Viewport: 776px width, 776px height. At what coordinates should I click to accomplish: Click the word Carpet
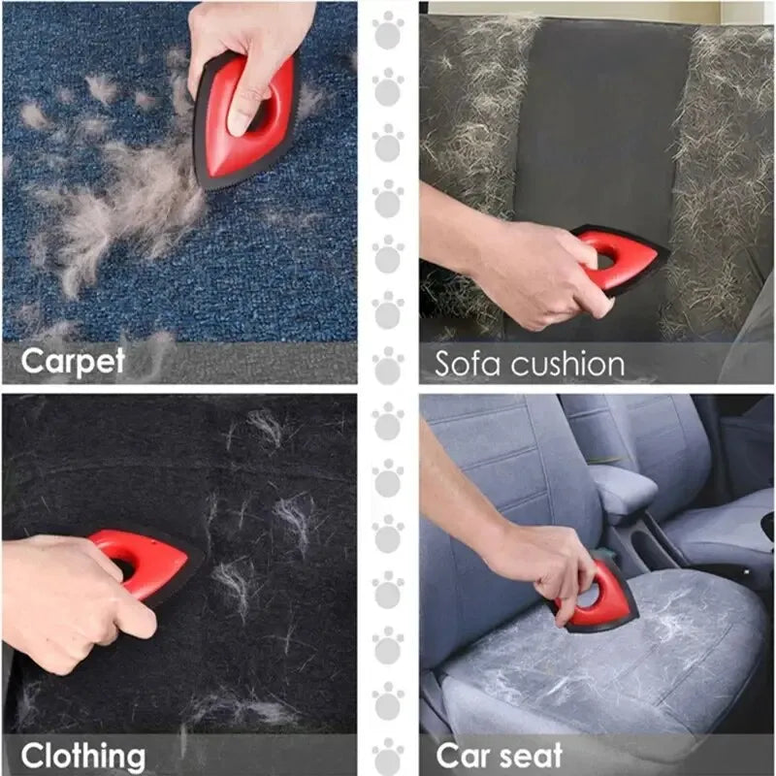click(73, 362)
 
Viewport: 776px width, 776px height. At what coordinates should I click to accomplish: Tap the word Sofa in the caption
click(469, 364)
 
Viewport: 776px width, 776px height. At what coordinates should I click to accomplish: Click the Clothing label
click(83, 755)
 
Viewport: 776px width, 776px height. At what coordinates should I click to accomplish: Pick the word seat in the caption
click(531, 755)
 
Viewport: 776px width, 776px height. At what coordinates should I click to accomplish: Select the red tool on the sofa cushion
click(621, 257)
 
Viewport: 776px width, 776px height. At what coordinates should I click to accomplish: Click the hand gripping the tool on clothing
click(68, 592)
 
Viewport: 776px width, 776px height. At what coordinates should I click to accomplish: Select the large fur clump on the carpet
click(136, 204)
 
